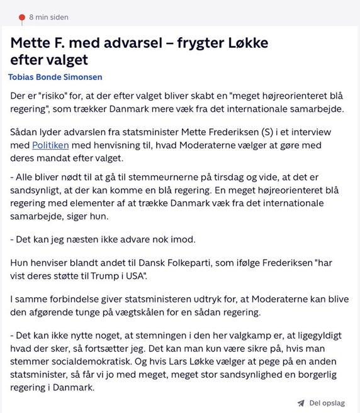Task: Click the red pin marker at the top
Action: coord(22,17)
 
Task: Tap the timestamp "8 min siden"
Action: coord(48,17)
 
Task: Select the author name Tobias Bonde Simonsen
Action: coord(55,77)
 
